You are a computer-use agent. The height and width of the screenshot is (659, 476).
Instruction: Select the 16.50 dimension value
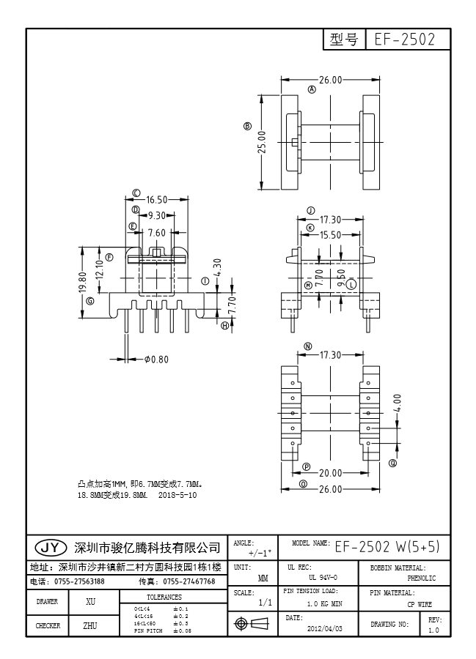pyautogui.click(x=157, y=199)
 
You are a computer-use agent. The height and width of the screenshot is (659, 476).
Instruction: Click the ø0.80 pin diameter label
pyautogui.click(x=156, y=359)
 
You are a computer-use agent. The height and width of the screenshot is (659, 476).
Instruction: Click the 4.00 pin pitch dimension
pyautogui.click(x=398, y=403)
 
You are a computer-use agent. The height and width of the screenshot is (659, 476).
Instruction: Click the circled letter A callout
pyautogui.click(x=312, y=90)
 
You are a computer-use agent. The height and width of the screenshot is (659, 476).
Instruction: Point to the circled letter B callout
pyautogui.click(x=248, y=126)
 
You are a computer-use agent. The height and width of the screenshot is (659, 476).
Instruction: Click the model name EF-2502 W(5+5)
pyautogui.click(x=387, y=547)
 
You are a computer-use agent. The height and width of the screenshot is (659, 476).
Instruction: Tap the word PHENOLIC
pyautogui.click(x=421, y=578)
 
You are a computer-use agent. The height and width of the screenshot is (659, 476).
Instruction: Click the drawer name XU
pyautogui.click(x=91, y=601)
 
